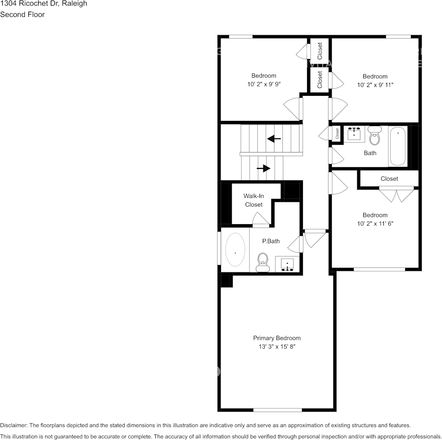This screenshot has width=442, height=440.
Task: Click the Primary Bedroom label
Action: click(276, 338)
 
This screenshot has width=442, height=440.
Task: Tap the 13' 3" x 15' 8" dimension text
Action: click(276, 347)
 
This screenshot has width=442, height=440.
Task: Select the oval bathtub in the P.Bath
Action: click(235, 250)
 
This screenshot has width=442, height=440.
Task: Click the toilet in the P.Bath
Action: click(263, 262)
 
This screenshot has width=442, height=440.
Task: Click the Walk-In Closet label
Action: click(254, 200)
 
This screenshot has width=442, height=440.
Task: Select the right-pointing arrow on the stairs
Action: click(263, 168)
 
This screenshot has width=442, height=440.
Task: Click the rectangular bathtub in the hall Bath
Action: click(398, 146)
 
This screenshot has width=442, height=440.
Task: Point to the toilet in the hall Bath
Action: click(375, 135)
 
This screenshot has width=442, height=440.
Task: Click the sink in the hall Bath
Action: click(355, 134)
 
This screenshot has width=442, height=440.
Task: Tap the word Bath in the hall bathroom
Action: click(370, 153)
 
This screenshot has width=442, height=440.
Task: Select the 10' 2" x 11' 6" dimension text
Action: click(375, 224)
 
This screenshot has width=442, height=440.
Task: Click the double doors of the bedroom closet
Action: click(396, 195)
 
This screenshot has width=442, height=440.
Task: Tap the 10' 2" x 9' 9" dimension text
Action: click(264, 84)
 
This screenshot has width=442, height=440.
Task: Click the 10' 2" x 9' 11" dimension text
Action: click(375, 85)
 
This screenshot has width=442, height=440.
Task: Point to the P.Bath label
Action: click(270, 241)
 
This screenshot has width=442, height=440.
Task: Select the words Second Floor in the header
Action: click(22, 14)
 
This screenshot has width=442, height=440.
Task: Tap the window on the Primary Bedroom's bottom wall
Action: click(277, 410)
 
